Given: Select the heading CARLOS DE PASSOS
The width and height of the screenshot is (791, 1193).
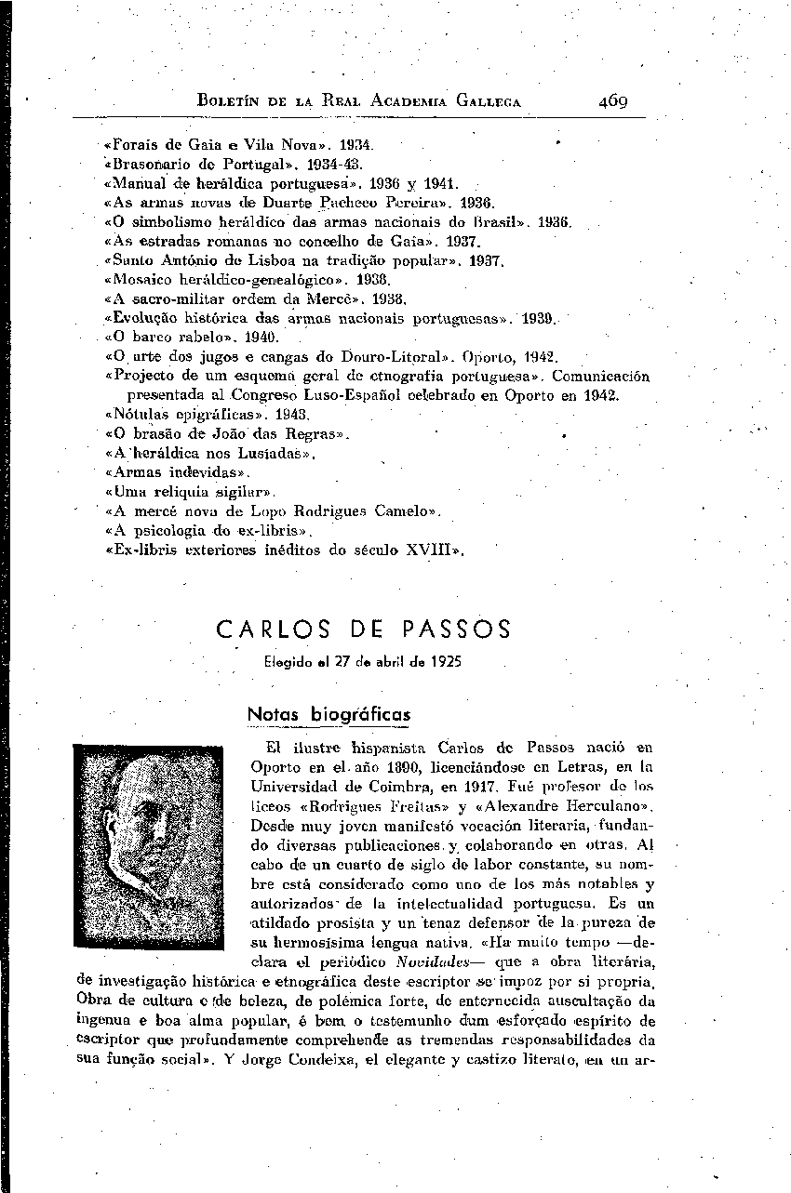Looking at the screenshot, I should click(x=363, y=631).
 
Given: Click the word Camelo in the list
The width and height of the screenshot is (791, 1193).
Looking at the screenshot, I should click(x=406, y=510).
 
